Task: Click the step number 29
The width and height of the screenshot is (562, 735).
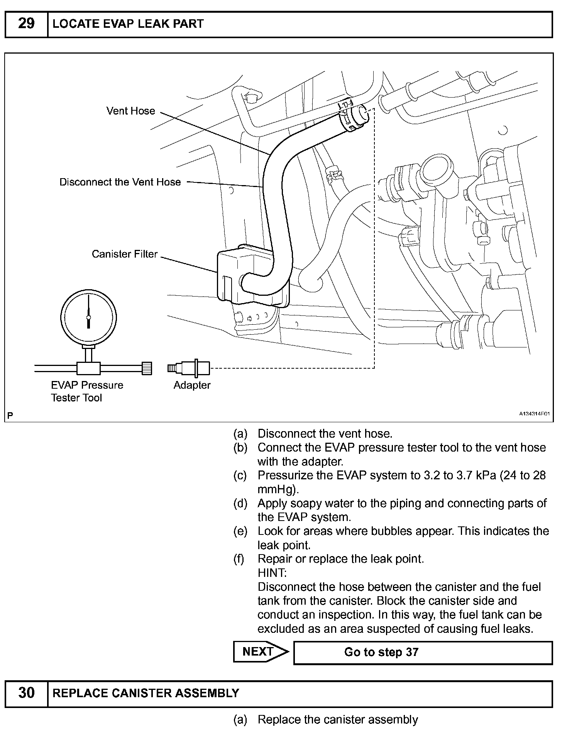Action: tap(26, 24)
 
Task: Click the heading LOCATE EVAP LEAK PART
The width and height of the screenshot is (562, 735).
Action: tap(128, 24)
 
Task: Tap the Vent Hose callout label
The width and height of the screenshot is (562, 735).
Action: tap(130, 111)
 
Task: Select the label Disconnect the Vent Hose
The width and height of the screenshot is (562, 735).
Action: tap(120, 182)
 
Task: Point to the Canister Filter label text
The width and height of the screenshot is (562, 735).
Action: tap(124, 254)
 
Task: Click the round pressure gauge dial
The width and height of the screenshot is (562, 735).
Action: tap(89, 317)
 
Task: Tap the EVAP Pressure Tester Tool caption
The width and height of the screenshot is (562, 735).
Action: tap(87, 391)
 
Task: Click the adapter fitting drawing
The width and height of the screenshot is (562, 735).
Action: tap(189, 368)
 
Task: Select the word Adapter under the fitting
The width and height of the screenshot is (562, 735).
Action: tap(192, 385)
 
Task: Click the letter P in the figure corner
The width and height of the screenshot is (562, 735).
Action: tap(10, 415)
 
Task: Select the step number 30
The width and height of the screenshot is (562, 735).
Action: tap(26, 693)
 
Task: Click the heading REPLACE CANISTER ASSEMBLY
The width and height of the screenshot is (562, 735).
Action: tap(146, 693)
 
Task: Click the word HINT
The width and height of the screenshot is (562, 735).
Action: tap(272, 573)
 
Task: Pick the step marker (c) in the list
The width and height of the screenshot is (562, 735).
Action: tap(240, 475)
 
